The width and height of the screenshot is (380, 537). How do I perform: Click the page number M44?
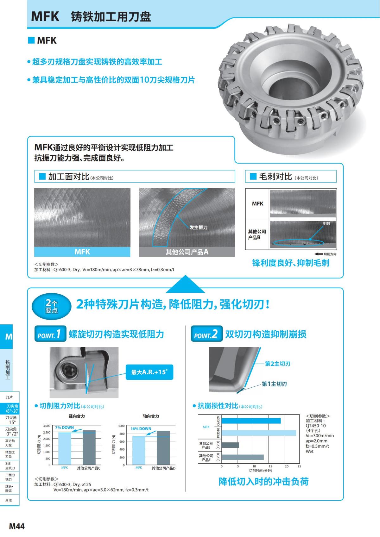[17, 526]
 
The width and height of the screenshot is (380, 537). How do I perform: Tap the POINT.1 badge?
[50, 334]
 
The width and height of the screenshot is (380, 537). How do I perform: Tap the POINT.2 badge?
[206, 334]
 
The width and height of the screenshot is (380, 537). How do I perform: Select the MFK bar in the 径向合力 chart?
[64, 449]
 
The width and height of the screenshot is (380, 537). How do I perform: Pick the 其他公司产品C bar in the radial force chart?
[89, 447]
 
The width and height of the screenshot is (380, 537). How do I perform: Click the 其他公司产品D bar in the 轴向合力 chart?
[163, 448]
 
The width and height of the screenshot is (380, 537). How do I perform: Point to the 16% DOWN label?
[141, 429]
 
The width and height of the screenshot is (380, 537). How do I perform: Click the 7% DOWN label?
[64, 428]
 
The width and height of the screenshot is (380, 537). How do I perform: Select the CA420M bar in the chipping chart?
[251, 421]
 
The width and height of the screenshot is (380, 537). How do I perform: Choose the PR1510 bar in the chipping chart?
[258, 433]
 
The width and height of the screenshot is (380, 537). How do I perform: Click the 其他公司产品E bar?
[230, 445]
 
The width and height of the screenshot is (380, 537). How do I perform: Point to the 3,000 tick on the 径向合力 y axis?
[47, 426]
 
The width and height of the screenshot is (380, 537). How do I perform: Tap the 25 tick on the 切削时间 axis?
[299, 466]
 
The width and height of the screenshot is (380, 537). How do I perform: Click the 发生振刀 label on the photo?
[198, 228]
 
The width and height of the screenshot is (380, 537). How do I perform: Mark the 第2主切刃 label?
[277, 364]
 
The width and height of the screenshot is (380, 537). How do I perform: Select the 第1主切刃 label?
[274, 384]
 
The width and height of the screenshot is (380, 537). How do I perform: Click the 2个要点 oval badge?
[51, 306]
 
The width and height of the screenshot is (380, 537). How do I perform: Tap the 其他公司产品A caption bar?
[187, 252]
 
